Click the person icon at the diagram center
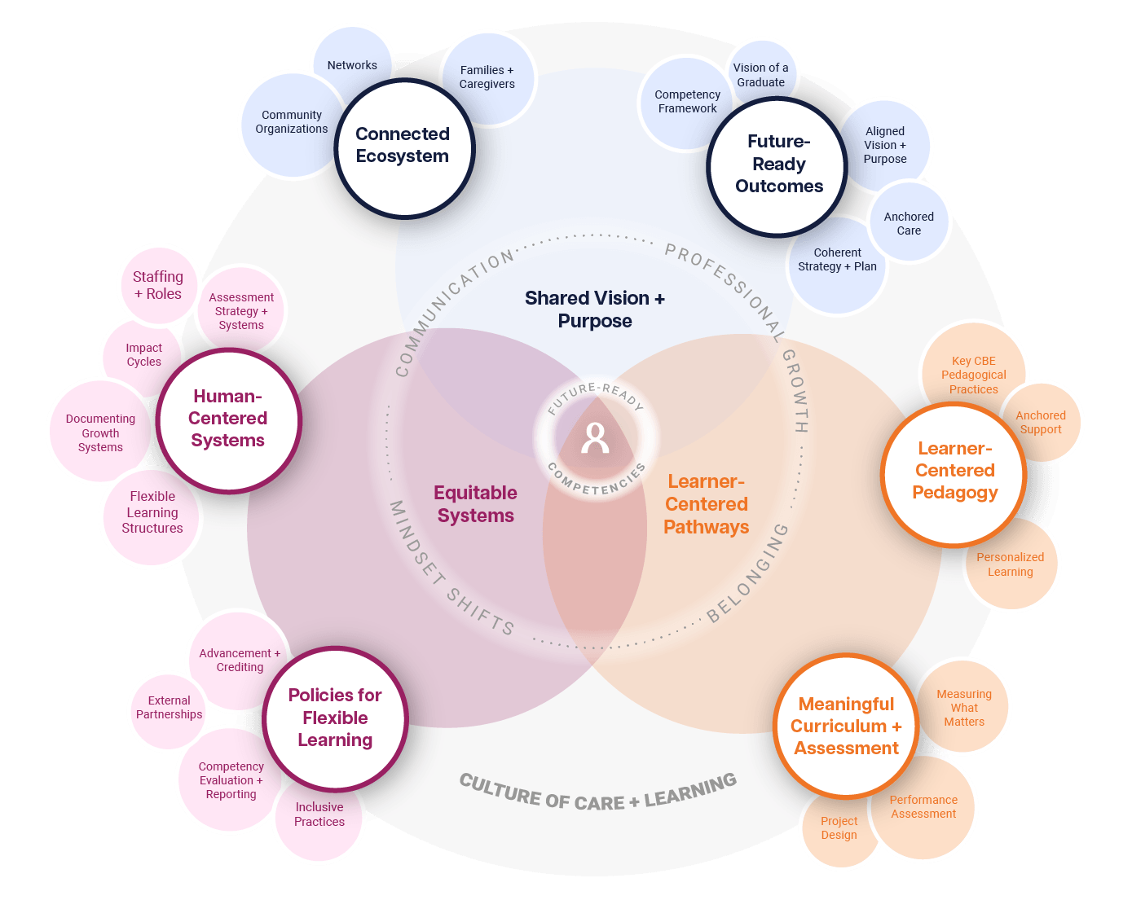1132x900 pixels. tap(595, 438)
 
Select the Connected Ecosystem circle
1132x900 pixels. tap(403, 147)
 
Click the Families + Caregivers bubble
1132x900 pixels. tap(487, 77)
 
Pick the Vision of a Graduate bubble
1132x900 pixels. tap(761, 72)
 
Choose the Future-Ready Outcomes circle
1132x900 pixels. tap(778, 165)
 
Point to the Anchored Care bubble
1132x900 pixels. tap(910, 223)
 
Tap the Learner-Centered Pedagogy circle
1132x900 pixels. tap(954, 472)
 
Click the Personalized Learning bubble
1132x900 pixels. tap(1011, 564)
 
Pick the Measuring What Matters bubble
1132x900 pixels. tap(964, 707)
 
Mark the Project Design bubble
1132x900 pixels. tap(839, 828)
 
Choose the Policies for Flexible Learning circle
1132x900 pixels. tap(335, 718)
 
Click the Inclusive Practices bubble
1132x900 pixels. tap(319, 815)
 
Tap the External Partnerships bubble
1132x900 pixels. tap(168, 708)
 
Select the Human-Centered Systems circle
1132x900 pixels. tap(228, 419)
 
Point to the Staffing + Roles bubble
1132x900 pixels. tap(157, 285)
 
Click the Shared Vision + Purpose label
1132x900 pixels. tap(595, 310)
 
